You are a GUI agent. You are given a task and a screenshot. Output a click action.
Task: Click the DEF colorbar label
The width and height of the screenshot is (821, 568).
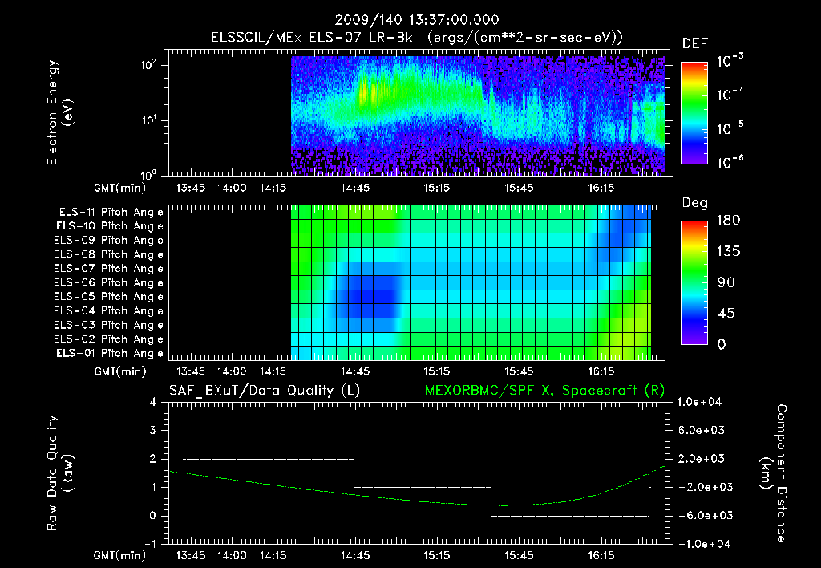694,43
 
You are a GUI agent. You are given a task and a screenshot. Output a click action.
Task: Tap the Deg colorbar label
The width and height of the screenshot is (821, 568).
694,203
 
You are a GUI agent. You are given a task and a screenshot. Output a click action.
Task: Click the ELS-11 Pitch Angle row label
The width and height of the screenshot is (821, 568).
111,213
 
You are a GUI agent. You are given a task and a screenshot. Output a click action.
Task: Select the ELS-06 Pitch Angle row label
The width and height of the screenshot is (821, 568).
111,283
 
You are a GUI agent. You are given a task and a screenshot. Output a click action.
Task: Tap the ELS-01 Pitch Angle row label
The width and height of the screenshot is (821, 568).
111,354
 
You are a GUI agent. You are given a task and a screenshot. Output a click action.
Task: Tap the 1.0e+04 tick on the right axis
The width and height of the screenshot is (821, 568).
702,402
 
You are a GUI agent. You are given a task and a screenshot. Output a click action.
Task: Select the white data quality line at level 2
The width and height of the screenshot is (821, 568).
269,459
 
